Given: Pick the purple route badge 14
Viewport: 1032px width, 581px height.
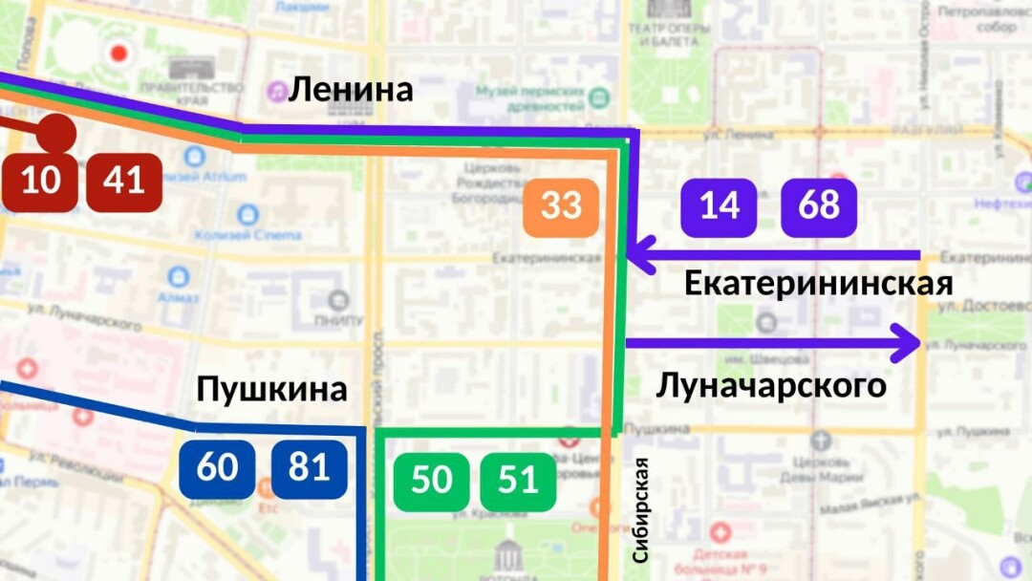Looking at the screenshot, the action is tap(719, 206).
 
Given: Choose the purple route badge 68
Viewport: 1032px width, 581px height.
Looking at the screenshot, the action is tap(819, 206).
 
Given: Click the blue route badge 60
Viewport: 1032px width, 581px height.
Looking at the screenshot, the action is tap(217, 468).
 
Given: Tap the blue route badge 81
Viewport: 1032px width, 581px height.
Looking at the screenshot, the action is tap(309, 468).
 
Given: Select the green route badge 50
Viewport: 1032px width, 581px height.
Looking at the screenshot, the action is tap(432, 480).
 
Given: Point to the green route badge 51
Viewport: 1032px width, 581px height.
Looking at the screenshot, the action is tap(518, 480).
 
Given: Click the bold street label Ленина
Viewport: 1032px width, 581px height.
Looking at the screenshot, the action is tap(351, 90).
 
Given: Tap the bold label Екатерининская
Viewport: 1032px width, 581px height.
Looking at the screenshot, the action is tap(819, 285).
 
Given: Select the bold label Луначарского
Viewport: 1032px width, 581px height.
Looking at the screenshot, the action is tap(771, 386).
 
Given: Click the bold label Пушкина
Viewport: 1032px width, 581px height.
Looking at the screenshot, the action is tap(271, 390).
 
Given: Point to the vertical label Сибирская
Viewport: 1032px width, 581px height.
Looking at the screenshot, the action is tap(640, 510).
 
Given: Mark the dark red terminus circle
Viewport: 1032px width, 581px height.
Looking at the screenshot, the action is tap(57, 132).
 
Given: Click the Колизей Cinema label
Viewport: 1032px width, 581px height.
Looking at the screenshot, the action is tap(235, 235).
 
